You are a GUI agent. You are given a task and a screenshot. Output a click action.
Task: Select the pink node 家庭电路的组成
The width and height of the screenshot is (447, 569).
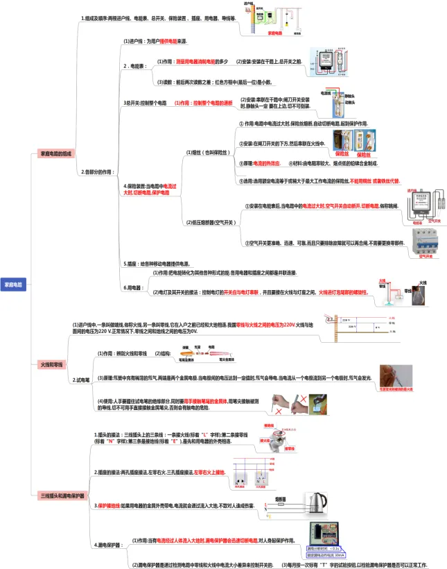click(56, 153)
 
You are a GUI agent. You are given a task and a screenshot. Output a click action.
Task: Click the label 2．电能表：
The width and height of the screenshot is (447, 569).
click(134, 67)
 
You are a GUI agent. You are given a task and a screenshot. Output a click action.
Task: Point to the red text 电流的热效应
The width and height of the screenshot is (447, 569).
click(265, 163)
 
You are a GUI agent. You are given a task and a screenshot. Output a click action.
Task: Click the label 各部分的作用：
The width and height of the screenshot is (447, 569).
click(96, 171)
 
